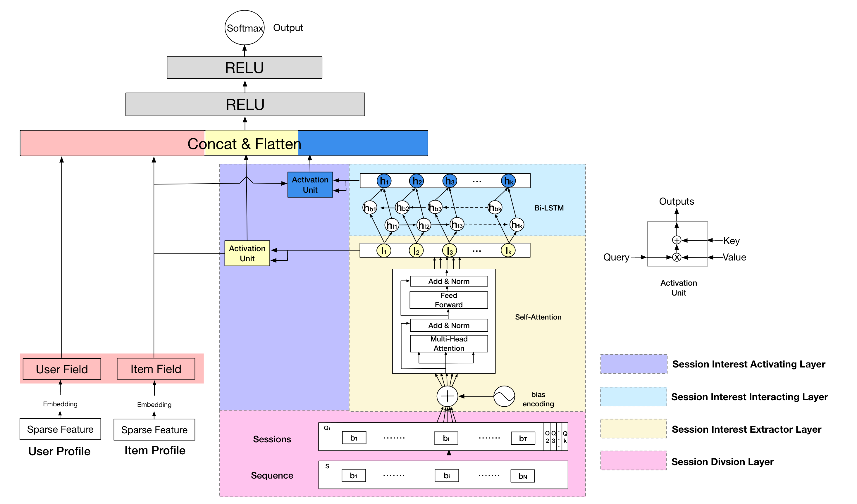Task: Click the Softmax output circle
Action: tap(245, 27)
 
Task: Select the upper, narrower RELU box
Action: tap(244, 68)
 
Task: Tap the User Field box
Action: tap(62, 369)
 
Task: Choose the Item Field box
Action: tap(156, 369)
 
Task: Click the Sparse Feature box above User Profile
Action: tap(60, 429)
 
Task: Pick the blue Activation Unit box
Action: tap(310, 184)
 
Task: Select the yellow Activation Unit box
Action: tap(247, 253)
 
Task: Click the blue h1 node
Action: tap(384, 181)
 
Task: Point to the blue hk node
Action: tap(508, 181)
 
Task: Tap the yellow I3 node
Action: tap(449, 251)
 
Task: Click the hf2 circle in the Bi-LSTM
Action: tap(424, 225)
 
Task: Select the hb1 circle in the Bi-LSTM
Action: tap(370, 208)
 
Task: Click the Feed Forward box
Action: tap(449, 300)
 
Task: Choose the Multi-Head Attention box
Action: tap(449, 344)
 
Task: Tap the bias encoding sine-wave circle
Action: tap(504, 396)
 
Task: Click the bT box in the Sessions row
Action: tap(523, 438)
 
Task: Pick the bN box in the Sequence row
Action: tap(522, 476)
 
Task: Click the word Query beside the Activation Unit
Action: tap(616, 257)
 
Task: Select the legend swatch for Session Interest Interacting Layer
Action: tap(633, 397)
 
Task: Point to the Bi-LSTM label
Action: tap(549, 208)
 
